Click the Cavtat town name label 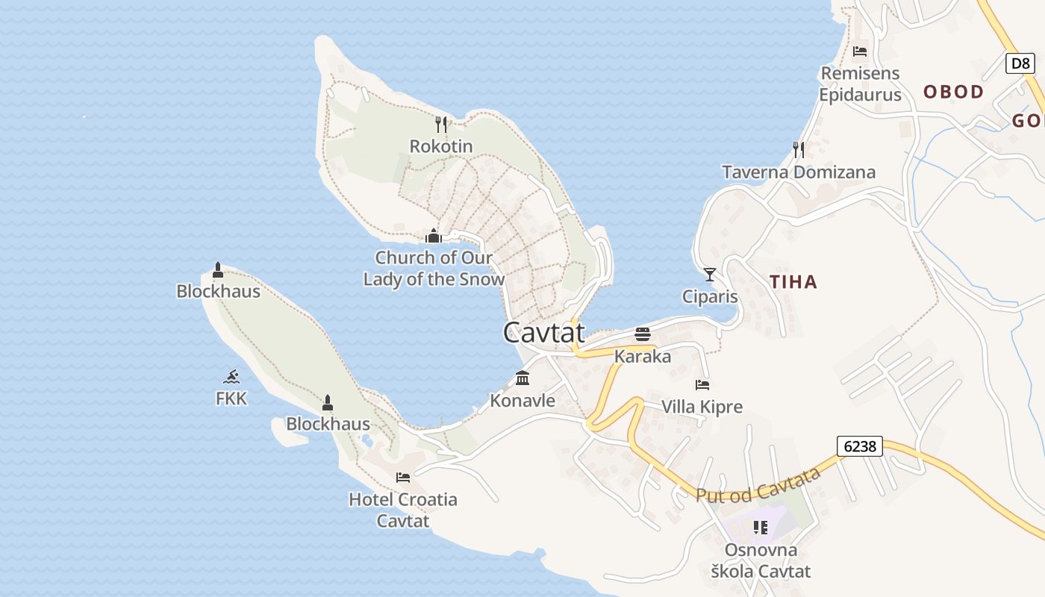tap(543, 333)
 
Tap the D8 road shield tap(1020, 63)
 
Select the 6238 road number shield tap(859, 446)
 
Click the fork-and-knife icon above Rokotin tap(441, 125)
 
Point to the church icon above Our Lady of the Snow tap(434, 237)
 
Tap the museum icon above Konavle tap(522, 379)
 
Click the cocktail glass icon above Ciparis tap(710, 275)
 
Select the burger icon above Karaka tap(643, 334)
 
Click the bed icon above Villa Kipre tap(702, 385)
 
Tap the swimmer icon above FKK tap(231, 377)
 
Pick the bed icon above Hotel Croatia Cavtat tap(403, 478)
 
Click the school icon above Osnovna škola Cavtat tap(761, 528)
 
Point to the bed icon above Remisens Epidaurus tap(860, 51)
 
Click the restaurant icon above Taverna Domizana tap(799, 150)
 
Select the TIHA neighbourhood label tap(793, 282)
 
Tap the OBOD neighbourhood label tap(954, 92)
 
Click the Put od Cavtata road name tap(758, 486)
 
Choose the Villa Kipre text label tap(702, 407)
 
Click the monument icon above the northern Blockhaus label tap(218, 269)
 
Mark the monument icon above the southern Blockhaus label tap(327, 403)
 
